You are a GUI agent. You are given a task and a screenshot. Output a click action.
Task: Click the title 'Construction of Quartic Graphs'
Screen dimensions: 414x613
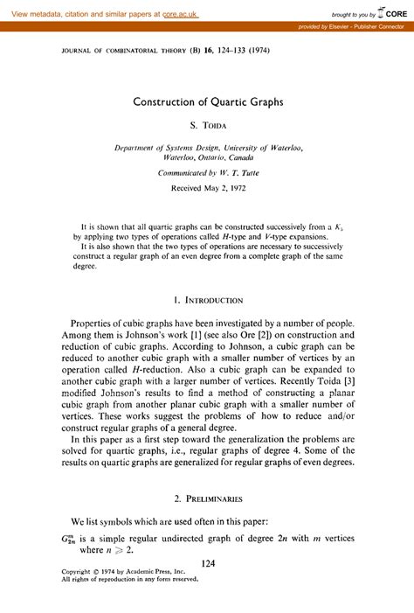pos(208,101)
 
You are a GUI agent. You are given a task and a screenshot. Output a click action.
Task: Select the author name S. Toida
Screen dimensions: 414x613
pos(208,127)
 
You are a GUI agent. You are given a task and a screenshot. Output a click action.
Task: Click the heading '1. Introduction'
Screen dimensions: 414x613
pos(208,300)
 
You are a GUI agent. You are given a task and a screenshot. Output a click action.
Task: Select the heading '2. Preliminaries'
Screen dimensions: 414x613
pos(208,498)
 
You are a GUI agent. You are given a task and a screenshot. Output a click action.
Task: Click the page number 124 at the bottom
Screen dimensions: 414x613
pos(208,565)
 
